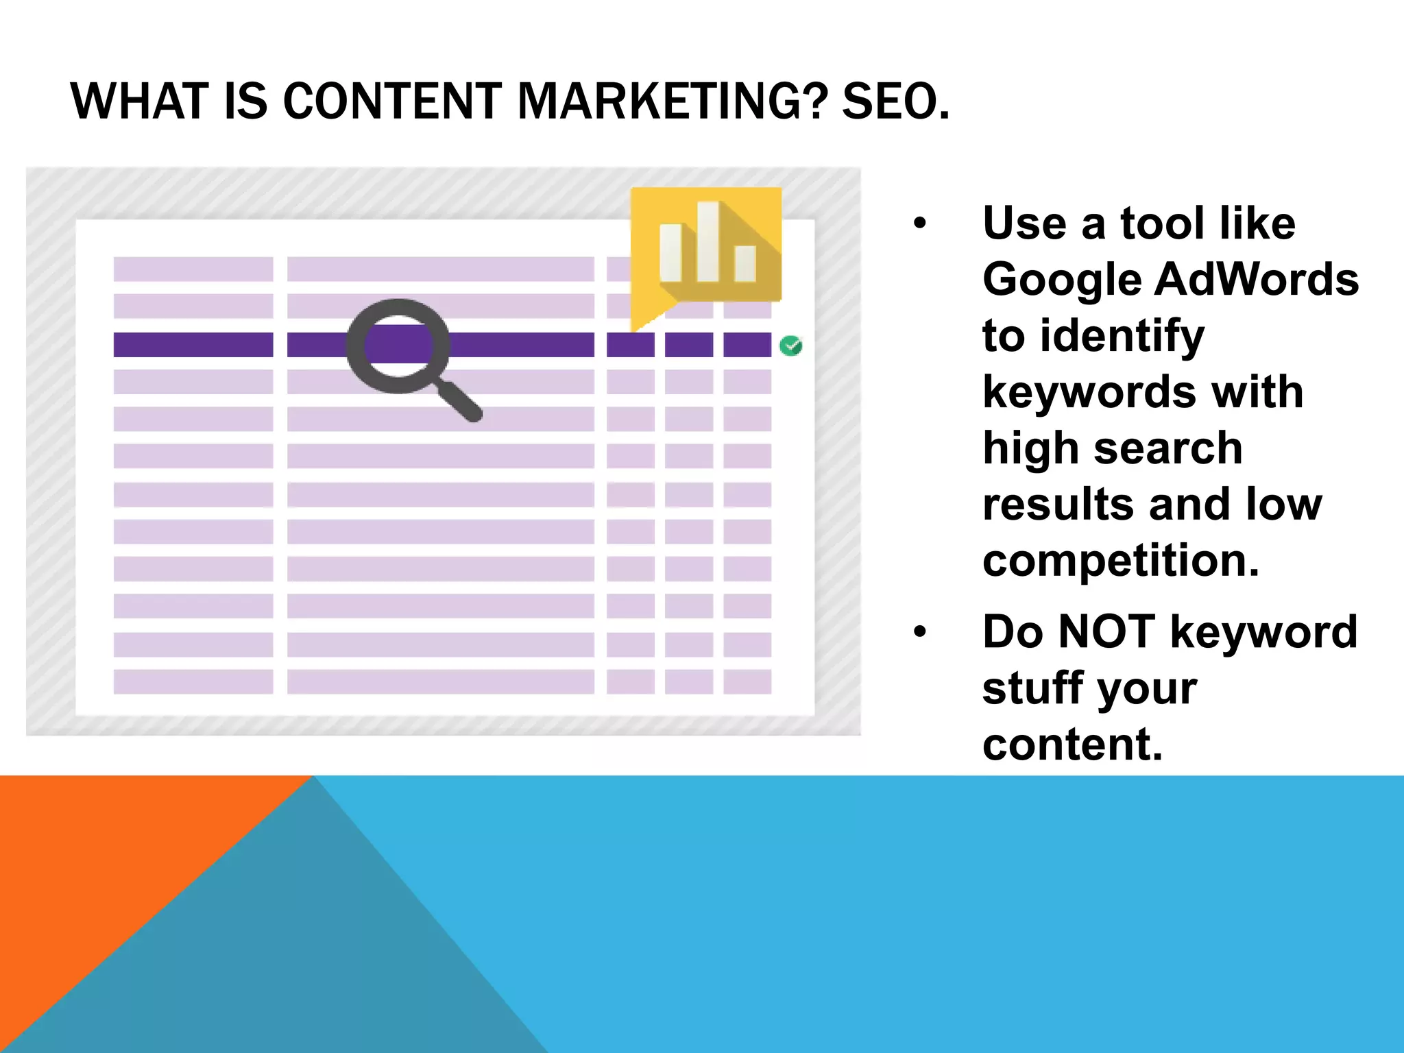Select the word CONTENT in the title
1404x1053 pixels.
pyautogui.click(x=392, y=101)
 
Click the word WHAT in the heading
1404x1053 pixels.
pyautogui.click(x=139, y=101)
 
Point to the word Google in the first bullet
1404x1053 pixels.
pyautogui.click(x=1061, y=280)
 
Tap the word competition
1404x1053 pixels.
pyautogui.click(x=1120, y=561)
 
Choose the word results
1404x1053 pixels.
pyautogui.click(x=1058, y=505)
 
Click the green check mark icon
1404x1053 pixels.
pyautogui.click(x=791, y=346)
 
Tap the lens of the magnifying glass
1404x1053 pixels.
pyautogui.click(x=398, y=345)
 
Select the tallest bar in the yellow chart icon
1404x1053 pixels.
pyautogui.click(x=708, y=241)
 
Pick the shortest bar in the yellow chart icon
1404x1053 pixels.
pyautogui.click(x=745, y=263)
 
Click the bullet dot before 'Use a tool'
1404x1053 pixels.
pyautogui.click(x=920, y=223)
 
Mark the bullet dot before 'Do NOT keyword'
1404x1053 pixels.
pyautogui.click(x=920, y=631)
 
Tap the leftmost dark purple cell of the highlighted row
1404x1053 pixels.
pyautogui.click(x=193, y=345)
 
